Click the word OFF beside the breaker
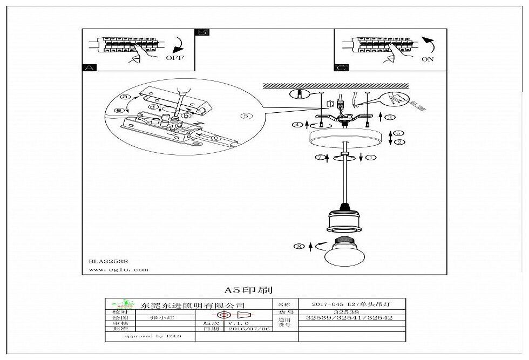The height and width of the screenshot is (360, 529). [174, 57]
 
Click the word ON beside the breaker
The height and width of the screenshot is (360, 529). [428, 59]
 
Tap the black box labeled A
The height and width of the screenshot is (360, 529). [89, 68]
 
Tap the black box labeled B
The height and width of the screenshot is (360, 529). [202, 32]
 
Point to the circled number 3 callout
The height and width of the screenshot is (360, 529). [390, 117]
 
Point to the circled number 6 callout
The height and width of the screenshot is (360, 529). [399, 133]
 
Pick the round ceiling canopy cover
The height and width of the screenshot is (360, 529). [342, 138]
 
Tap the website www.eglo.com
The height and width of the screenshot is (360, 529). [118, 269]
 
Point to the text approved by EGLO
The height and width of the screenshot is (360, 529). [152, 336]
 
